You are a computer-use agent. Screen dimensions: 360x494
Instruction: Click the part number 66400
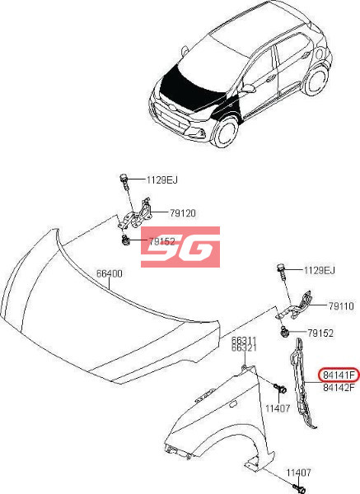tap(109, 273)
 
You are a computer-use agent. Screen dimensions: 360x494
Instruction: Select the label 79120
tap(183, 213)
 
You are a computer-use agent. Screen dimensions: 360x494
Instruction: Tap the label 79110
tap(341, 306)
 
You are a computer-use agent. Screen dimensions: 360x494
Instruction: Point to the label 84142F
tap(339, 387)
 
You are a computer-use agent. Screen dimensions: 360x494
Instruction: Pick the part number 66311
tap(245, 340)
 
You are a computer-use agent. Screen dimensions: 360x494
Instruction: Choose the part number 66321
tap(245, 347)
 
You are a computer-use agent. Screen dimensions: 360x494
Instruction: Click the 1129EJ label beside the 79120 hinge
tap(162, 179)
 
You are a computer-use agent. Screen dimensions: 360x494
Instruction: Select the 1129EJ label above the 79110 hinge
tap(320, 270)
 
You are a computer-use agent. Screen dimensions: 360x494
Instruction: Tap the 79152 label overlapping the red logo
tap(162, 241)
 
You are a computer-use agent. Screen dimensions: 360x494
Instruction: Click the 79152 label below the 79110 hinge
tap(320, 333)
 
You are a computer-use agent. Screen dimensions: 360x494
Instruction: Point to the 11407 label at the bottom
tap(298, 473)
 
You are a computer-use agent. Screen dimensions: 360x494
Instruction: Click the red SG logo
tap(180, 247)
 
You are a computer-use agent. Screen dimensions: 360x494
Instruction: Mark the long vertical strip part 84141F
tap(302, 384)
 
